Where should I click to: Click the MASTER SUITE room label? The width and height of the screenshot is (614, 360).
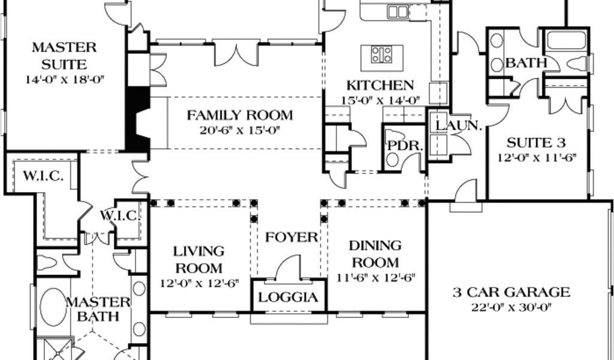point(64,55)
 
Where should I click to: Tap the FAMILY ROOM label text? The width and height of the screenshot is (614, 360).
point(240,115)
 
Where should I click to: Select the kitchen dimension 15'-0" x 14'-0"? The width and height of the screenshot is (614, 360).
point(380,100)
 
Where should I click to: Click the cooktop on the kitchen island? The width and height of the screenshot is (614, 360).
point(381,55)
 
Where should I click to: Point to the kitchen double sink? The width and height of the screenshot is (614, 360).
point(398,12)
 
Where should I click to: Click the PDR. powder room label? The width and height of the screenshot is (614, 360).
point(405,146)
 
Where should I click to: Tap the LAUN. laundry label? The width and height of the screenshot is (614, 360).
point(458,126)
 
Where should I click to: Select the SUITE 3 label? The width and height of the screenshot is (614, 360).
point(536,143)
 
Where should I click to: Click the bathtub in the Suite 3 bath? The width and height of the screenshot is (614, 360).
point(566,40)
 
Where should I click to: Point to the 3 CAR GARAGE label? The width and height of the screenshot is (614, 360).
point(511,292)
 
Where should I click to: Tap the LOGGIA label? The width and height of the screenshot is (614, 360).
point(288,298)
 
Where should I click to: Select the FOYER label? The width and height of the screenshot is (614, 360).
point(291,237)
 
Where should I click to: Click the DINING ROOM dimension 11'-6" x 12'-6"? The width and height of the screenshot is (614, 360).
point(375,278)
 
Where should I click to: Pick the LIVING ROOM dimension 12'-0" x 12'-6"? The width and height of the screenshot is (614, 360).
point(199,283)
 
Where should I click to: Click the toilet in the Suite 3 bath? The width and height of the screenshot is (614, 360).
point(576,62)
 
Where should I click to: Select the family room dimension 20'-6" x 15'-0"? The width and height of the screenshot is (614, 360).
point(240,130)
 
